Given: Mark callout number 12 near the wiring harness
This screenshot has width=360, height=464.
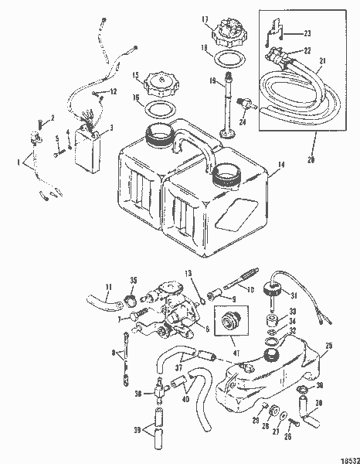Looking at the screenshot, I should click(x=113, y=92).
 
